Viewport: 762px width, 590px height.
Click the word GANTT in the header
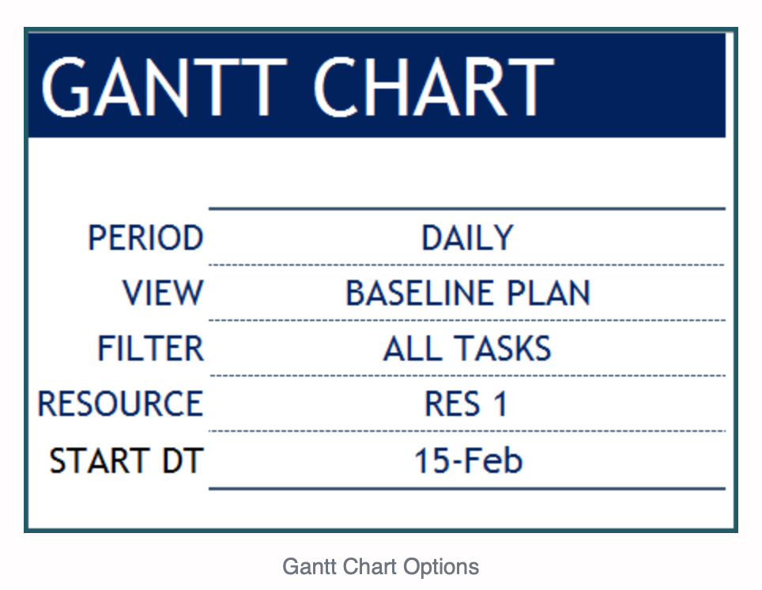[164, 87]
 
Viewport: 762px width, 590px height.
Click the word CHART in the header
[434, 87]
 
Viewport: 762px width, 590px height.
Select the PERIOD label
[145, 237]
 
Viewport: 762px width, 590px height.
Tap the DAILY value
[467, 237]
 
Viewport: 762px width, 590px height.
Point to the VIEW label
[163, 293]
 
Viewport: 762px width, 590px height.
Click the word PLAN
[549, 293]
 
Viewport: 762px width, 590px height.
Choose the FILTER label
[151, 348]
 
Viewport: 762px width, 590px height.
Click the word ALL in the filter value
[413, 348]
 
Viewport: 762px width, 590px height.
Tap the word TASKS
[503, 348]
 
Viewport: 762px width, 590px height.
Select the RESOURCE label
[120, 403]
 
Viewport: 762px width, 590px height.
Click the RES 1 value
[466, 403]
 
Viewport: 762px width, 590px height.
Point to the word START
[99, 460]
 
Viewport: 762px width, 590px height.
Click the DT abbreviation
[183, 460]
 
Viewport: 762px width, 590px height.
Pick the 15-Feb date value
[468, 460]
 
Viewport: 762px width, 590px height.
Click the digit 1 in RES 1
[500, 403]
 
